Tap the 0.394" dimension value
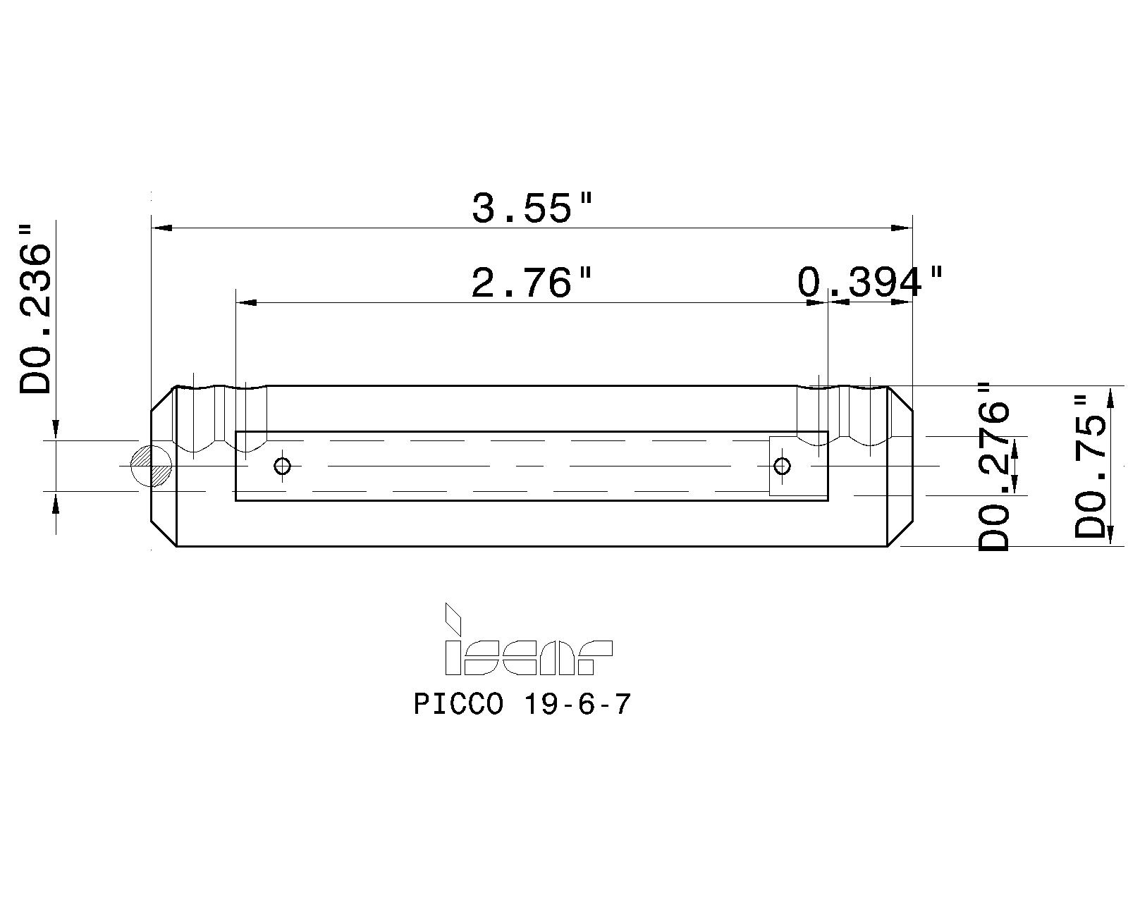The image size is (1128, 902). [869, 283]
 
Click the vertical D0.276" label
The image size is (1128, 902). [995, 467]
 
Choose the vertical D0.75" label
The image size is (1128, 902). [1090, 467]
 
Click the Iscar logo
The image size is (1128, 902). [527, 647]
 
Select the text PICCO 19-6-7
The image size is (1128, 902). [522, 704]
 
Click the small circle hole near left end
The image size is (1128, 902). [283, 466]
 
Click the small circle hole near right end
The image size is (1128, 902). [782, 466]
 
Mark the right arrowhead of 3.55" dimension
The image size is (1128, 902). [902, 228]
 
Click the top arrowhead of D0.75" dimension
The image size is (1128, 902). [1110, 397]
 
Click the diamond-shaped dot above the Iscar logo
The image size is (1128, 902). [452, 619]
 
